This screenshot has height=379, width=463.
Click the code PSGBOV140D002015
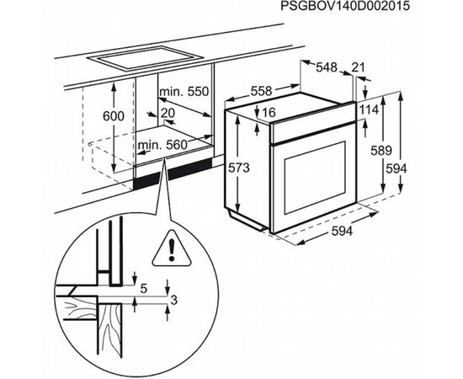(345, 6)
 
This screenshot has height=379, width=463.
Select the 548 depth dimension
(327, 67)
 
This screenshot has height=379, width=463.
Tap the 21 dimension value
(358, 67)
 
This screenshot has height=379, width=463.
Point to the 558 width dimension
(261, 91)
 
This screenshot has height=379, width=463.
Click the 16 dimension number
(269, 112)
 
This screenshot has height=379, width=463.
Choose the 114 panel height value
(369, 109)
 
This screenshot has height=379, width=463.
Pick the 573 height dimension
(239, 168)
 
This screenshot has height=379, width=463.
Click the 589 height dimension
(381, 151)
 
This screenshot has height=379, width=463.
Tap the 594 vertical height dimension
(396, 168)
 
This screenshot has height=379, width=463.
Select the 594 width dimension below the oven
(342, 231)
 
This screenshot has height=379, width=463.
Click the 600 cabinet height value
(114, 116)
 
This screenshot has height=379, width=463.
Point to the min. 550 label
(184, 92)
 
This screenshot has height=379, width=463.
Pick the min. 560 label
(162, 145)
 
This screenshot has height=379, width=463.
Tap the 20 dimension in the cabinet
(168, 113)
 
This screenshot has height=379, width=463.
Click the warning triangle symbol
(171, 249)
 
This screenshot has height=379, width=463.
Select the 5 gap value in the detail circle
(144, 289)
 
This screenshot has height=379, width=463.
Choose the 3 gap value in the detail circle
(174, 301)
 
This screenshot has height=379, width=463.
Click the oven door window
(315, 178)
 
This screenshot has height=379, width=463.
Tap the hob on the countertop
(146, 58)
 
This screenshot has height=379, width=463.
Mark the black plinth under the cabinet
(173, 174)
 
